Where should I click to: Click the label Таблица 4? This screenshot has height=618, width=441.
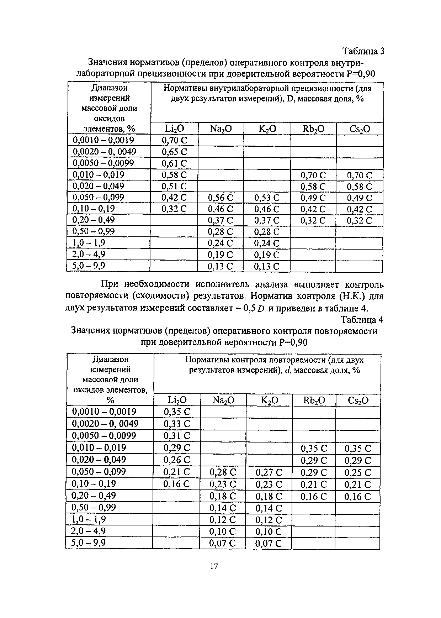point(362,320)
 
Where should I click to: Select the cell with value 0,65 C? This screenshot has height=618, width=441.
point(174,152)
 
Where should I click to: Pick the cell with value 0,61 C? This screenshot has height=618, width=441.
point(174,163)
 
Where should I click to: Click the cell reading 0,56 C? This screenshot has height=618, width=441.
point(220,198)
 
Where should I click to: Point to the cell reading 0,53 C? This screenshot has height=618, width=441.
point(267,198)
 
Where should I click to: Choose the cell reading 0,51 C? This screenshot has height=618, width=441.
point(174,187)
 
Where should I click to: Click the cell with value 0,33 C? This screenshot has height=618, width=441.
point(177,424)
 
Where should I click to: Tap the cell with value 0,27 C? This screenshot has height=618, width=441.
point(269,472)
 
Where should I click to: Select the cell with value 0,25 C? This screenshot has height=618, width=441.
point(358,472)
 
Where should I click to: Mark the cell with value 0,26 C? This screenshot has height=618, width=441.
point(177,460)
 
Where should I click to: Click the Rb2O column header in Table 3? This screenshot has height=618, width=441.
point(313,129)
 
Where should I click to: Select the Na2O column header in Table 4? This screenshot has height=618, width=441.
point(223,400)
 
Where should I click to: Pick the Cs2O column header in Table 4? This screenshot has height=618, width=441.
point(358,400)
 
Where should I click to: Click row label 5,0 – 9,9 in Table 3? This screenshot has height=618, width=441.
point(89,266)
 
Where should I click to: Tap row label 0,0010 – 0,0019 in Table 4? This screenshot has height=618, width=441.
point(104,412)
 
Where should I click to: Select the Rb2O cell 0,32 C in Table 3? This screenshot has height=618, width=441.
point(313,221)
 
